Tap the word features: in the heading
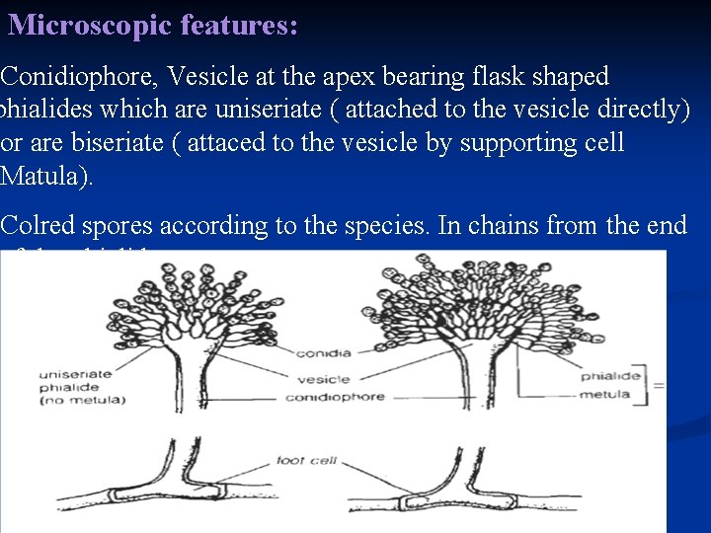point(239,26)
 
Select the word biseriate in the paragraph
point(85,143)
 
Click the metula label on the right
point(605,394)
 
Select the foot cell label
point(308,460)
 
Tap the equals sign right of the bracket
point(659,384)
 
